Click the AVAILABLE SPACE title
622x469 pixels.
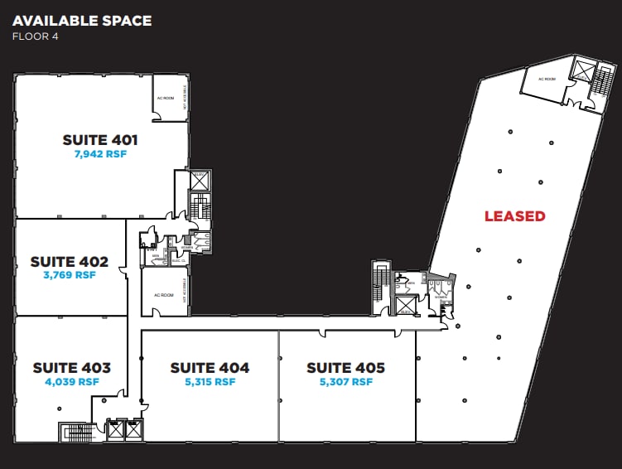click(x=82, y=20)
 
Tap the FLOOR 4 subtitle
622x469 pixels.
click(x=35, y=36)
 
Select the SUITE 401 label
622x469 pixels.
click(x=100, y=140)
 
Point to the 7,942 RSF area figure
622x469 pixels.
click(x=100, y=154)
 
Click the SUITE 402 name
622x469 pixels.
click(x=70, y=261)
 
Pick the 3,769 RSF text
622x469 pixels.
click(x=70, y=275)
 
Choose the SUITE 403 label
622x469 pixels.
click(x=71, y=367)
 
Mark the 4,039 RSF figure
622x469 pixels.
click(x=71, y=382)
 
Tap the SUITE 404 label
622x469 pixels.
click(x=210, y=368)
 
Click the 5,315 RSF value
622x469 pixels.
click(x=210, y=382)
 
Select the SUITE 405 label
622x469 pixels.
click(x=345, y=368)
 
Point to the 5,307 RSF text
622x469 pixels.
click(x=345, y=382)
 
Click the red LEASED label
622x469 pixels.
click(x=514, y=216)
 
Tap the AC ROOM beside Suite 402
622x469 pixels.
click(x=163, y=295)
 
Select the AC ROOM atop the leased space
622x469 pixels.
click(x=547, y=80)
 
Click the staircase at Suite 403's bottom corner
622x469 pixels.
click(x=73, y=432)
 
